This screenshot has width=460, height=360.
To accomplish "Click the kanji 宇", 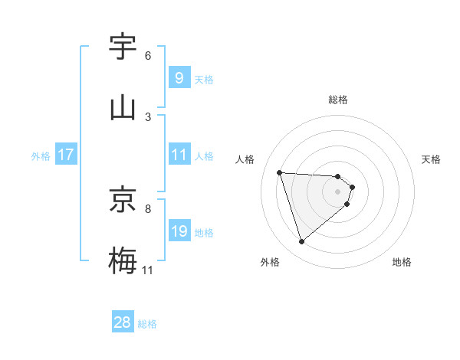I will click(123, 47).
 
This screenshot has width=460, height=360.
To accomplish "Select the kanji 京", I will click(123, 200).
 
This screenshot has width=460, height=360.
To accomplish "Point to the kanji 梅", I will click(123, 260).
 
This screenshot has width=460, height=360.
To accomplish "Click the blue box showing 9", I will click(179, 77).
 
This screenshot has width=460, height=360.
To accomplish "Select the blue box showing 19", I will click(179, 231).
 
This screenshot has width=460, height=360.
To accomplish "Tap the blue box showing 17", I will click(66, 155).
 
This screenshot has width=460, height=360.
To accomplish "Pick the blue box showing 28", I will click(123, 322).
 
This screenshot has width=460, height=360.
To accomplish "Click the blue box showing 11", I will click(179, 155).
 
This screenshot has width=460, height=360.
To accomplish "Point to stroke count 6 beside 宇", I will click(148, 55).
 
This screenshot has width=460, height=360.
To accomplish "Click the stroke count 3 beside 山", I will click(148, 116).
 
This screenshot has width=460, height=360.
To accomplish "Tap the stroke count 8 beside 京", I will click(148, 208).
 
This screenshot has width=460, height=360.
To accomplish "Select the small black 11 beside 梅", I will click(148, 270).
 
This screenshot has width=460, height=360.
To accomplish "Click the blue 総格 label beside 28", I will click(148, 324).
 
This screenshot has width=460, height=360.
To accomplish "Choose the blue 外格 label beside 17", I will click(41, 155).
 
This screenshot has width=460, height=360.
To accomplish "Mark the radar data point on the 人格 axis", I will click(279, 172).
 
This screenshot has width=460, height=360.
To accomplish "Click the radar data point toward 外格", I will click(301, 242).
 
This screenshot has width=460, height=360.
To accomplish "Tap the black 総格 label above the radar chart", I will click(338, 100).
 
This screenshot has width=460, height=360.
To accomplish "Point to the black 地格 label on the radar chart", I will click(402, 262).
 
